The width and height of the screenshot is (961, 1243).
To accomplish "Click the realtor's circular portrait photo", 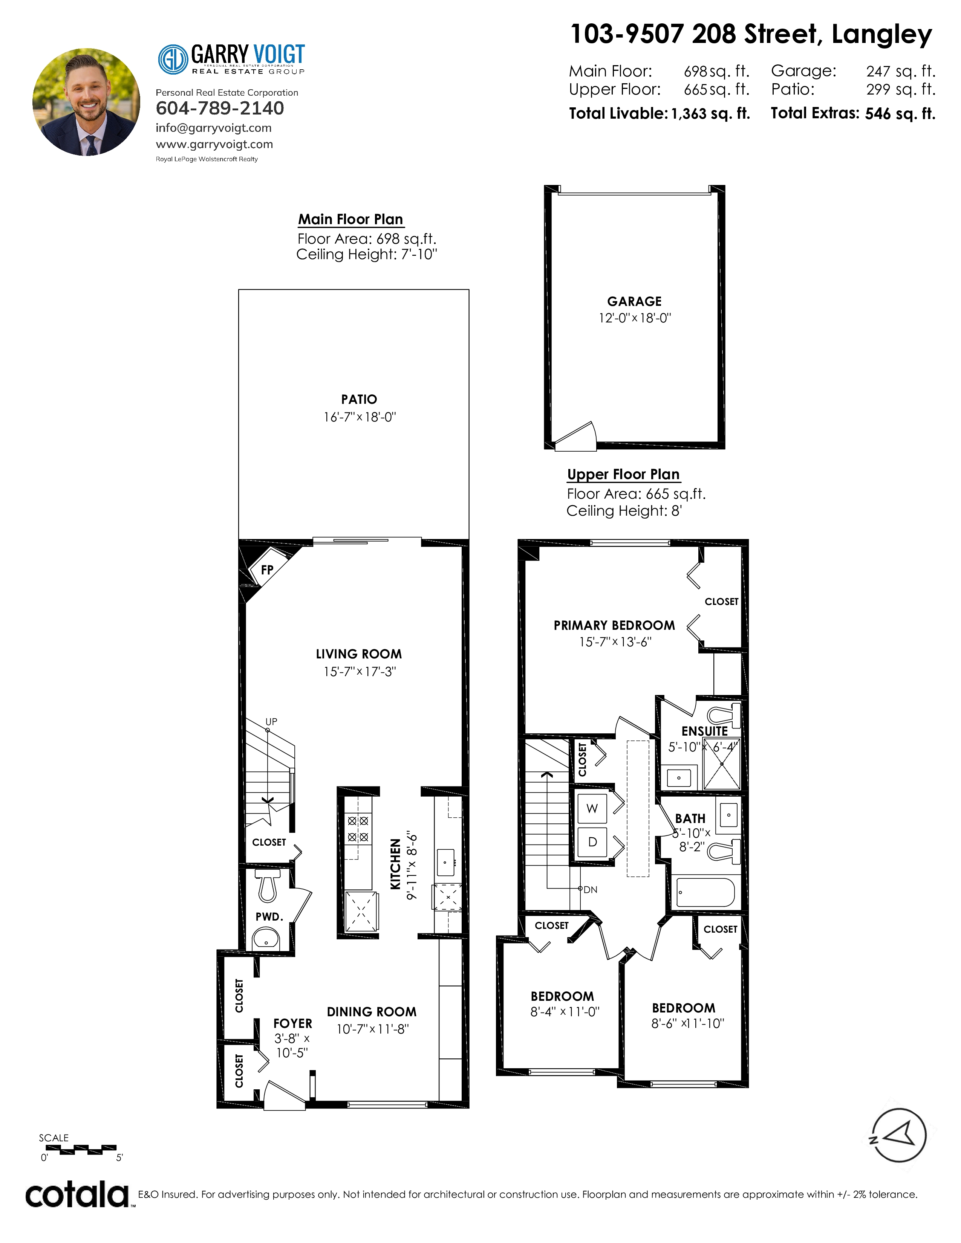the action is tap(86, 102).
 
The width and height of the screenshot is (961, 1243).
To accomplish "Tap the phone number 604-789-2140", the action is tap(220, 108).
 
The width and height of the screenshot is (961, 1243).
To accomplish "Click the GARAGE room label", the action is tap(634, 302).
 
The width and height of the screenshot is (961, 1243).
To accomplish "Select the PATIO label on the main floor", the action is tap(359, 400).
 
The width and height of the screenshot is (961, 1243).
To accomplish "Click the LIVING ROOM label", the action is tap(359, 654).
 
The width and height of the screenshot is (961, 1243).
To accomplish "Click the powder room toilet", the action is tap(268, 885).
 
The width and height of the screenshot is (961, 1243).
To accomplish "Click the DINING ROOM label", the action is tap(372, 1012).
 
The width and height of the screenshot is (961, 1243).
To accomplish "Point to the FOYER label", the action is tap(292, 1023).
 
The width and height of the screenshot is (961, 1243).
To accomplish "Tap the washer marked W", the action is tap(592, 808).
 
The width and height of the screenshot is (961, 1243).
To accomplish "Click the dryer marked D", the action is tap(592, 842).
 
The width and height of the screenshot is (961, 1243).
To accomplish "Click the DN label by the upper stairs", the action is tap(591, 890).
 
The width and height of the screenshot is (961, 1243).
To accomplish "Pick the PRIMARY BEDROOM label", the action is tap(614, 626).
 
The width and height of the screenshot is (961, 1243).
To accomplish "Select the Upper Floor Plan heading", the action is tap(623, 475).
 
